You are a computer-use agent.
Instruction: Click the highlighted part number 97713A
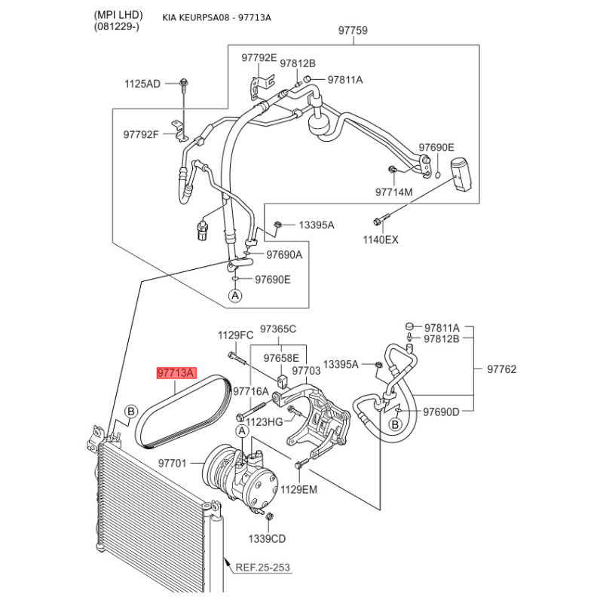[x=176, y=373]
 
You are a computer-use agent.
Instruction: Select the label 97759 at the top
[x=353, y=31]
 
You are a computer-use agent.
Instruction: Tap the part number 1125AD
[x=142, y=84]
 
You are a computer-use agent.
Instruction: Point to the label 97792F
[x=142, y=134]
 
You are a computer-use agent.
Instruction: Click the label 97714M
[x=394, y=192]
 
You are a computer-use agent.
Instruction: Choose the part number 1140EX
[x=382, y=240]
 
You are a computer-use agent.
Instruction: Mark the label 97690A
[x=283, y=255]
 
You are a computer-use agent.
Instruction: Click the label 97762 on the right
[x=501, y=369]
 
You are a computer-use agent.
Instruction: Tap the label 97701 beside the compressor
[x=173, y=463]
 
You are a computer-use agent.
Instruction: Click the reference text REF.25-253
[x=262, y=568]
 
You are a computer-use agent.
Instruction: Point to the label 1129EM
[x=299, y=489]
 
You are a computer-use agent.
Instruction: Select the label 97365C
[x=278, y=329]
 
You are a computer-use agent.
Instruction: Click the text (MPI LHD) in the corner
[x=118, y=16]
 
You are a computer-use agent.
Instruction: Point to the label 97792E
[x=259, y=57]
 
